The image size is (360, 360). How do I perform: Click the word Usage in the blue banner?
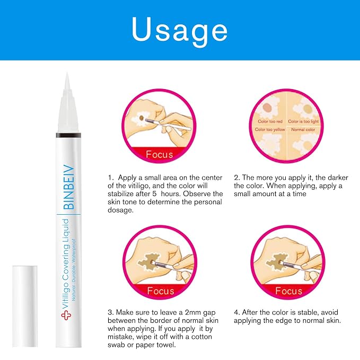[x=180, y=30]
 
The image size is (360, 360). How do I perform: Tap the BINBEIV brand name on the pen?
[x=69, y=187]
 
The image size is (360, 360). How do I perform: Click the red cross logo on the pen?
[x=66, y=315]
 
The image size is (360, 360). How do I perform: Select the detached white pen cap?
[x=25, y=306]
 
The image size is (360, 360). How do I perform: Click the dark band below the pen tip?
[x=68, y=135]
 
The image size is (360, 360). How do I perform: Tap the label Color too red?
[x=270, y=121]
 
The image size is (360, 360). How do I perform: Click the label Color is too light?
[x=303, y=121]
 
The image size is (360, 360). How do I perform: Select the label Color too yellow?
[x=270, y=129]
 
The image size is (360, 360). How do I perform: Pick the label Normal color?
[x=303, y=129]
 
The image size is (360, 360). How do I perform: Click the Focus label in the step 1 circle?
[x=160, y=154]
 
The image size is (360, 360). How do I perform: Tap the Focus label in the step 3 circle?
[x=161, y=291]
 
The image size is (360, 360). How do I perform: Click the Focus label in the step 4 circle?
[x=288, y=291]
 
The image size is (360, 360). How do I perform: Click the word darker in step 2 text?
[x=338, y=178]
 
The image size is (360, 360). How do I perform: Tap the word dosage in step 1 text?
[x=120, y=210]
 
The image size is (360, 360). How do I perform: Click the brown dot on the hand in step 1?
[x=142, y=118]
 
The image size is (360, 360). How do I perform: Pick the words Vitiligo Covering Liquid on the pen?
[x=65, y=264]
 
